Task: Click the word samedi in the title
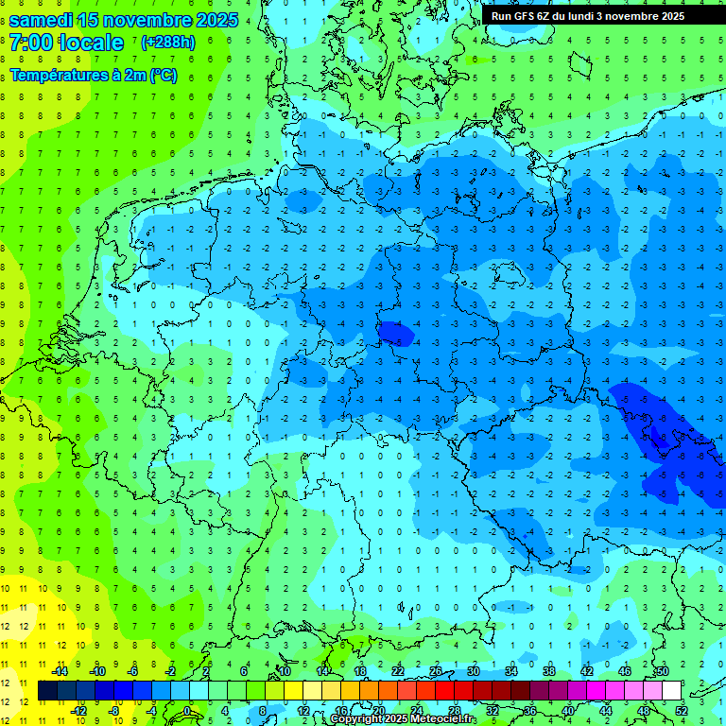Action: [x=42, y=20]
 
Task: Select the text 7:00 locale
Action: [x=66, y=43]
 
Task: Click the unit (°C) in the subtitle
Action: [x=162, y=76]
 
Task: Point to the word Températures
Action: [x=58, y=76]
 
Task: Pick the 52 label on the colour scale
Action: [x=681, y=710]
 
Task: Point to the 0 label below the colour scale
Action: [x=187, y=710]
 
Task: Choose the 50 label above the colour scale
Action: [x=662, y=671]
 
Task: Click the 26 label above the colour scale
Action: [x=435, y=671]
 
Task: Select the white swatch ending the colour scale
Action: [x=671, y=691]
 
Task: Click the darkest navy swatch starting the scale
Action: [x=47, y=691]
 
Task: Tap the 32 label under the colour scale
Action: [x=492, y=710]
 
